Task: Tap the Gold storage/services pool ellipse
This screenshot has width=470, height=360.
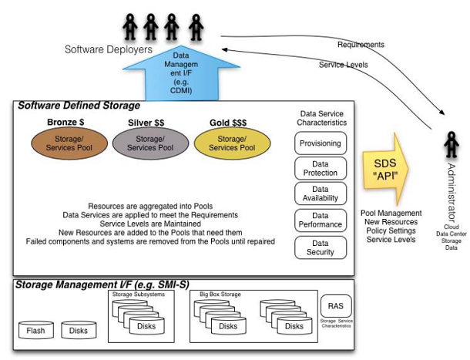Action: click(x=230, y=143)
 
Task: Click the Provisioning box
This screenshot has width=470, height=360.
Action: click(x=321, y=143)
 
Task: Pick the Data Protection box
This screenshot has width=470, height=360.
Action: click(x=321, y=168)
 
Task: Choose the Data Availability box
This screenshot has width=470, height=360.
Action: click(x=321, y=194)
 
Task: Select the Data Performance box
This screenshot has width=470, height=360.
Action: click(x=321, y=220)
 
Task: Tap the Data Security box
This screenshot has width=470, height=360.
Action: click(x=321, y=247)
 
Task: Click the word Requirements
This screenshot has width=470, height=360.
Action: click(x=361, y=45)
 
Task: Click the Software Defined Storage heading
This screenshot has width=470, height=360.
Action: click(x=79, y=105)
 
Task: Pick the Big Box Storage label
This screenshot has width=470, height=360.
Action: click(x=221, y=294)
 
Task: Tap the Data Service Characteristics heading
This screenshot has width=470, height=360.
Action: click(x=323, y=117)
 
